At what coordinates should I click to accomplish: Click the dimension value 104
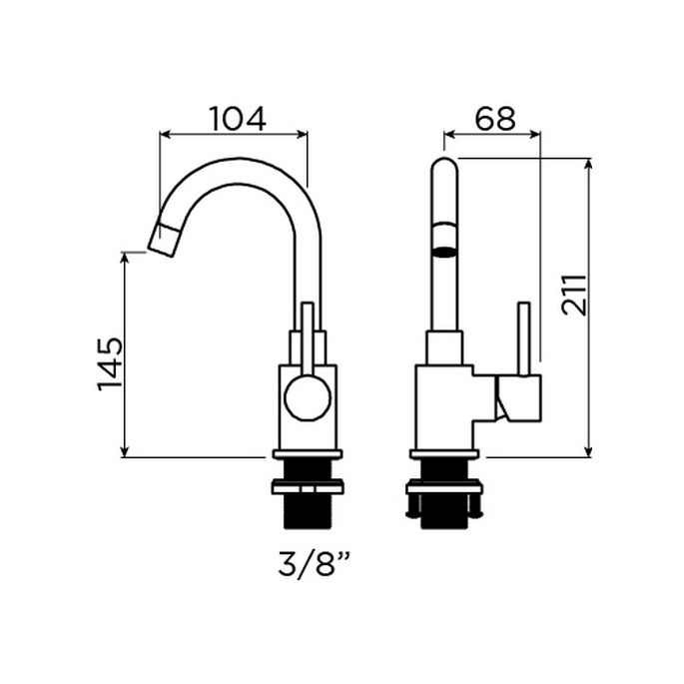click(237, 119)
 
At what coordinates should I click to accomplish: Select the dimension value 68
click(494, 119)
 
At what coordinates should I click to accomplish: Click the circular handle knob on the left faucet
click(307, 397)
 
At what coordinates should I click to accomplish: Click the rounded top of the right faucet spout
click(444, 166)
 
